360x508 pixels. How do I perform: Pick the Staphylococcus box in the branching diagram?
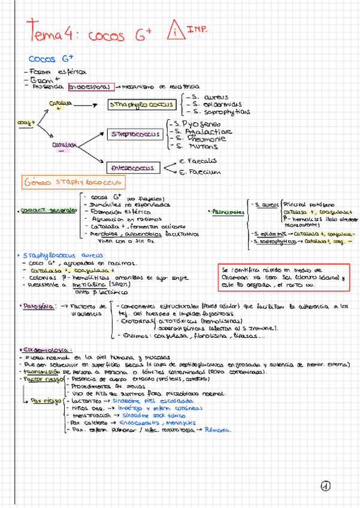(x=141, y=105)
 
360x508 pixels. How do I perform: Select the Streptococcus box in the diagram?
(x=135, y=135)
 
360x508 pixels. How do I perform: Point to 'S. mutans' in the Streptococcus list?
(x=191, y=146)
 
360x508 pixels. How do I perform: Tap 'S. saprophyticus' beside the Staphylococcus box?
(x=217, y=111)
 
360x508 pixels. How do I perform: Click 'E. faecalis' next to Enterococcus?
(x=181, y=161)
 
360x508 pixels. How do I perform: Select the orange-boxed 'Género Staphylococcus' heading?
(x=73, y=182)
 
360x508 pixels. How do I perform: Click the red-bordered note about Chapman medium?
(x=284, y=277)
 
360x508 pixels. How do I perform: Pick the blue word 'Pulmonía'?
(x=220, y=430)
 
